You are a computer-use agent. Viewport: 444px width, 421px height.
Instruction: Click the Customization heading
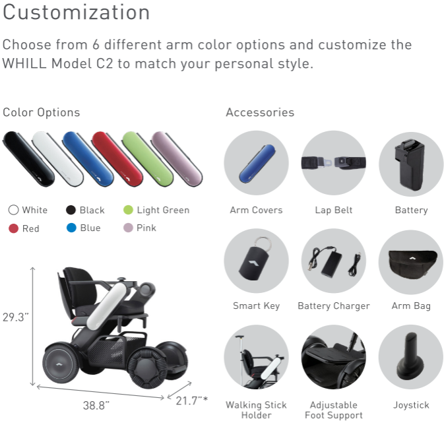click(76, 13)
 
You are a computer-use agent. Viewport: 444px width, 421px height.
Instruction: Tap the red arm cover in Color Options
click(117, 158)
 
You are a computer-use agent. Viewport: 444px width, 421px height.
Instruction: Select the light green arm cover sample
click(147, 158)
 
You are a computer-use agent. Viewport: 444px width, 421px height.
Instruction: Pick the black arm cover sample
click(28, 158)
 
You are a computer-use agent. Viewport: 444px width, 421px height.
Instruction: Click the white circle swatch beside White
click(13, 210)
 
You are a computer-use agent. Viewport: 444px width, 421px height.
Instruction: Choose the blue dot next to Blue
click(71, 228)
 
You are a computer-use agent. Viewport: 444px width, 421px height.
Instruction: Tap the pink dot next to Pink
click(128, 228)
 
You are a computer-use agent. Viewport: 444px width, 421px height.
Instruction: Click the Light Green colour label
click(163, 210)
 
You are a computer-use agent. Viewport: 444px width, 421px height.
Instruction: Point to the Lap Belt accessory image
click(334, 162)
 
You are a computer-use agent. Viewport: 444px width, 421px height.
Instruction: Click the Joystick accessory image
click(411, 357)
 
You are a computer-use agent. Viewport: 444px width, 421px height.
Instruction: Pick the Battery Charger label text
click(334, 306)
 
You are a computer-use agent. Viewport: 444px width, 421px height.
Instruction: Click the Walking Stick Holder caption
click(256, 410)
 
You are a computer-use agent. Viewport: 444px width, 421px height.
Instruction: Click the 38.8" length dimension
click(96, 405)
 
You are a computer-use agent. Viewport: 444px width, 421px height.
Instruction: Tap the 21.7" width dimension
click(192, 401)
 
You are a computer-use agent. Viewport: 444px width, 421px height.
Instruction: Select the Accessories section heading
click(260, 112)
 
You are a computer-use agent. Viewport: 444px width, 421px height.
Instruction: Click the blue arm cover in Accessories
click(257, 164)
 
